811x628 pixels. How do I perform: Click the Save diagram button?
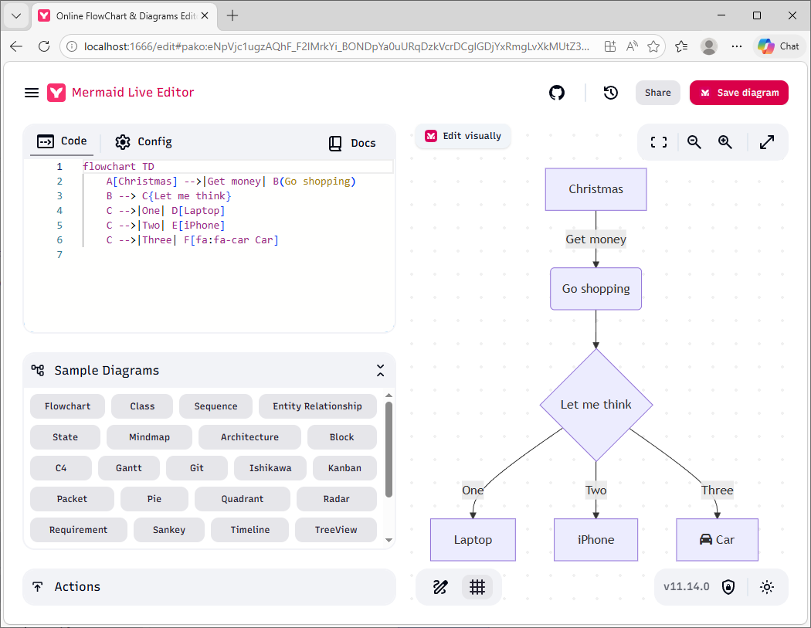(x=738, y=93)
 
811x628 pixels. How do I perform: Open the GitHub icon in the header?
(x=557, y=93)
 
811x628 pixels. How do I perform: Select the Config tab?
(x=143, y=141)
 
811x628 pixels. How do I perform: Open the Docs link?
(x=352, y=143)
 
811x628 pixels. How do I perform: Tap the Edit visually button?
(x=463, y=136)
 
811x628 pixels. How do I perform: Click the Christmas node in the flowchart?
(x=596, y=189)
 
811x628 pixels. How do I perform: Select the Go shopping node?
(x=596, y=289)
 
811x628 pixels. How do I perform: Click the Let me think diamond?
(x=596, y=405)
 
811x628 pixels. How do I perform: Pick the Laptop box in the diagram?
(x=473, y=539)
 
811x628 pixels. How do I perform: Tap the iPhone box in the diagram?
(x=596, y=539)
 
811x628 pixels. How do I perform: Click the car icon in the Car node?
(x=705, y=539)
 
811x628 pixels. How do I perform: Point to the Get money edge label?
(x=596, y=239)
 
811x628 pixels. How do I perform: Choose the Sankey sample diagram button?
(x=169, y=530)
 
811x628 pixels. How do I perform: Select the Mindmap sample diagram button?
(x=150, y=437)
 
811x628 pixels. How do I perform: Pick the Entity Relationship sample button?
(x=317, y=406)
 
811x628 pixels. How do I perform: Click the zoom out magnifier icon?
(x=694, y=142)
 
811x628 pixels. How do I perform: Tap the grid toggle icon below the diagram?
(x=477, y=587)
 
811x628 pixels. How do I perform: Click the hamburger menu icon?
(x=32, y=93)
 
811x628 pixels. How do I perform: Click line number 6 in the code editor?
(x=59, y=240)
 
